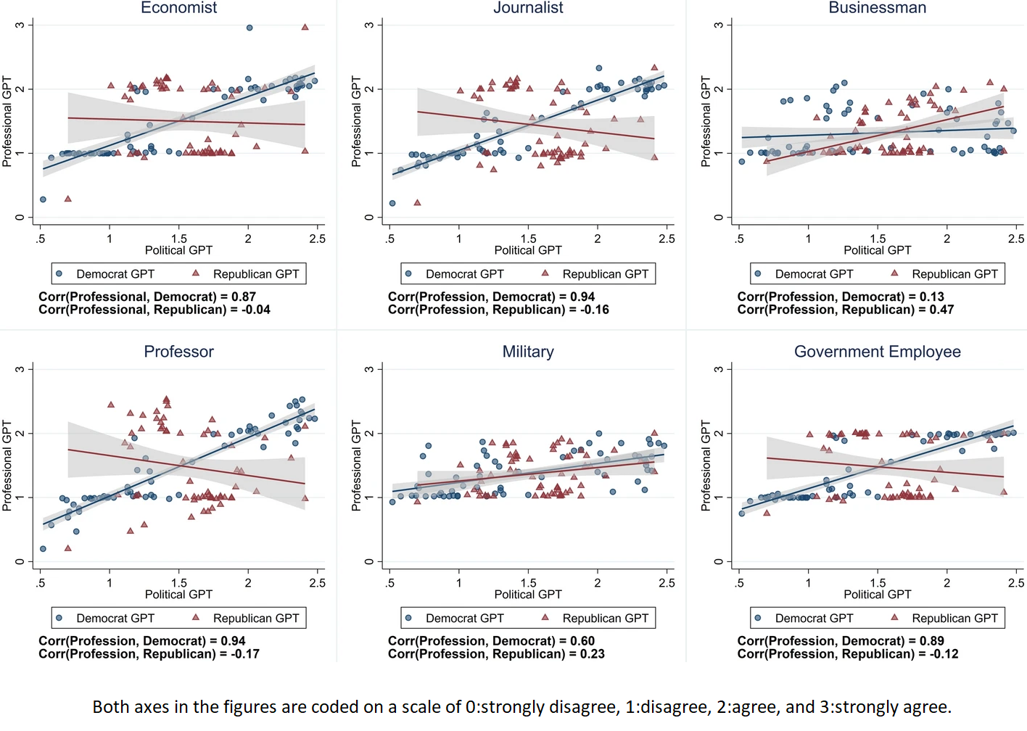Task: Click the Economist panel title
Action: [178, 8]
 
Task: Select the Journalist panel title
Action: [528, 8]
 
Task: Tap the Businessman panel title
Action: [877, 8]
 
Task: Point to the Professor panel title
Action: [178, 352]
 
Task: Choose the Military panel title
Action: [528, 352]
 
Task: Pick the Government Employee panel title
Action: [877, 352]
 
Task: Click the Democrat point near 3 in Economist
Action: [249, 28]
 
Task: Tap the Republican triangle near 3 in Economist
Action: [305, 27]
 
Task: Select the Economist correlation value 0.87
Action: [244, 297]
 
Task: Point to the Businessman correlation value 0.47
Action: [941, 310]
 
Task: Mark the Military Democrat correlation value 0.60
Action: [582, 641]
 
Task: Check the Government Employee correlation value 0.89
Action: [932, 641]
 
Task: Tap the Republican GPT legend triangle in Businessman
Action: [894, 273]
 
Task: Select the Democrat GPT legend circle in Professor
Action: [59, 618]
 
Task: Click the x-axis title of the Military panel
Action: [528, 595]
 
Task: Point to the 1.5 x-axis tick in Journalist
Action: [528, 239]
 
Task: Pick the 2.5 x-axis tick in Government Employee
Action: [1015, 583]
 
